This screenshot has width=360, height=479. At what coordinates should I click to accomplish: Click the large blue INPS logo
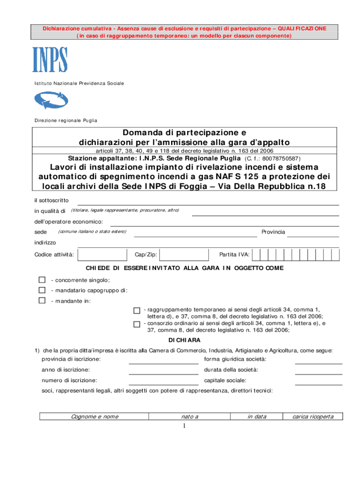coord(50,59)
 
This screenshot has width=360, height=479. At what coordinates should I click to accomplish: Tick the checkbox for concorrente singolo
coord(42,280)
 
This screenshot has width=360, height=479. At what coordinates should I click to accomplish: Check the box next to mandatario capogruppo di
coord(42,290)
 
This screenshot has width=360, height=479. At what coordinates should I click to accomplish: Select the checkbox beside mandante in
coord(42,301)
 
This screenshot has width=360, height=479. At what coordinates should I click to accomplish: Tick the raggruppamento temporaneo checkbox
coord(137,311)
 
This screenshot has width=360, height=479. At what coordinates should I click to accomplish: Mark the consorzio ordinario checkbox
coord(137,324)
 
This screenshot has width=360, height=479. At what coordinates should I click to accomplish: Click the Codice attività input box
coord(102,254)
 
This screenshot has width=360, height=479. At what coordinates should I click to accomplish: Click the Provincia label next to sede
coord(273,232)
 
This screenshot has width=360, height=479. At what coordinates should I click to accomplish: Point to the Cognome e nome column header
coord(94,416)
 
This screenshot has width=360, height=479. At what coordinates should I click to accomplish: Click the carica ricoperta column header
coord(312,416)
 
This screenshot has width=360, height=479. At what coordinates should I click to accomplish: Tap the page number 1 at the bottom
coord(184,426)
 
